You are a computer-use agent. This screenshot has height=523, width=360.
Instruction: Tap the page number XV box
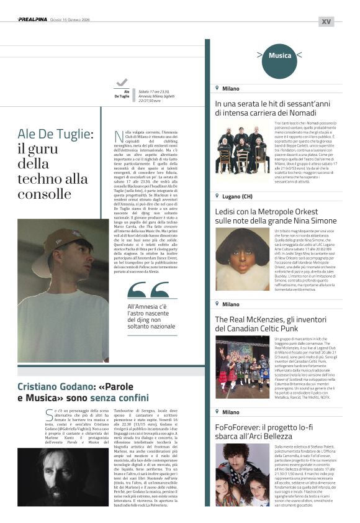pos(326,21)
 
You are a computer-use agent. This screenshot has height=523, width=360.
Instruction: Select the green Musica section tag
pos(280,56)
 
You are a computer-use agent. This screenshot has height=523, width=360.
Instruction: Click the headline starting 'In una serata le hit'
pos(266,108)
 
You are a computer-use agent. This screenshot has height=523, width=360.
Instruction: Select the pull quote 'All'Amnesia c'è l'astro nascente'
pos(152,316)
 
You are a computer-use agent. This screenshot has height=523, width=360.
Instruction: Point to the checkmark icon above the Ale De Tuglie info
pos(122,83)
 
